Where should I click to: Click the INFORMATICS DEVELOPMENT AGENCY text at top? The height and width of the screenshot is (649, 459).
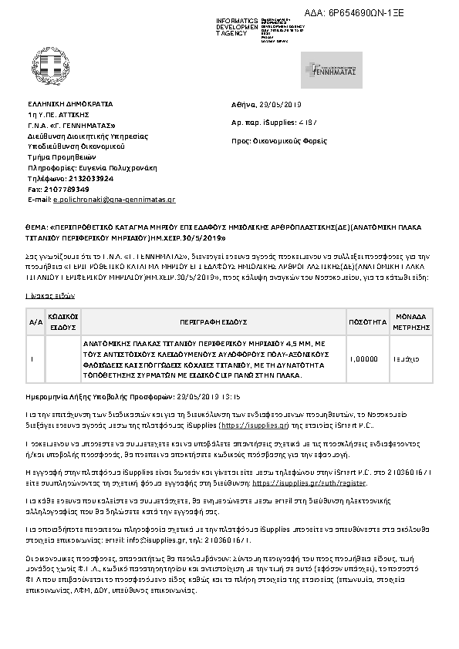[237, 25]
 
